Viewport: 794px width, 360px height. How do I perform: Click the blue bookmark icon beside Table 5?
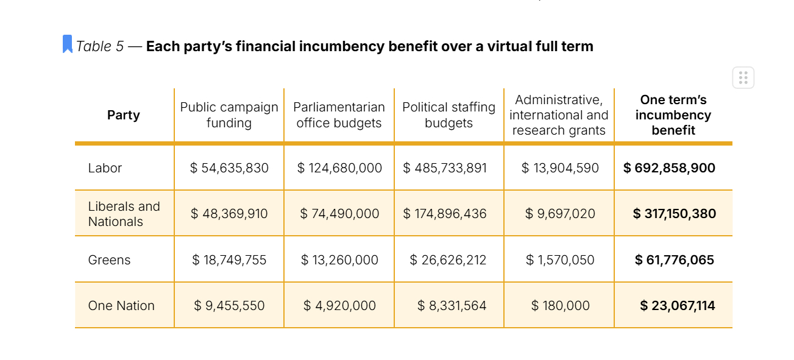[68, 44]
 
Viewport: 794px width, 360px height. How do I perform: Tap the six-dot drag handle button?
[743, 78]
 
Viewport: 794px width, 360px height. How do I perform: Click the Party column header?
[124, 115]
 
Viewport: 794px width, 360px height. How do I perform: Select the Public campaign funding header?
[229, 115]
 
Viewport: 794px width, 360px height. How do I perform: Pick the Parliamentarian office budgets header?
[339, 115]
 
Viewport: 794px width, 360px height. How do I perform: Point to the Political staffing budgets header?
[448, 115]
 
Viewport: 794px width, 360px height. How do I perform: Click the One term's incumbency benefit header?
[673, 115]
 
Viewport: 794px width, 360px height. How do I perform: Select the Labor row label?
[105, 168]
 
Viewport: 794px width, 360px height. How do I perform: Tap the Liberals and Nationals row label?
[124, 214]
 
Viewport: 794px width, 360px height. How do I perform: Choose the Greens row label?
[109, 260]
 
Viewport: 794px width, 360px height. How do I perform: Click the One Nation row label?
[121, 306]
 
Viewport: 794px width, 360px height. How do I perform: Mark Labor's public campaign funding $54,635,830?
[229, 168]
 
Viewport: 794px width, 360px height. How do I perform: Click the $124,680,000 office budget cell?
[339, 168]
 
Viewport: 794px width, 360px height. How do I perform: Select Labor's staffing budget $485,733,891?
[445, 168]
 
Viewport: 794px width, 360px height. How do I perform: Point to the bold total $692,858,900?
[669, 168]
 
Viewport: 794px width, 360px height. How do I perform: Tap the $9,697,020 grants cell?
[560, 214]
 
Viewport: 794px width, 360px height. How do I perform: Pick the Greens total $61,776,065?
[674, 260]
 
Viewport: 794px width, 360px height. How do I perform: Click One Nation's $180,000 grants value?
[560, 306]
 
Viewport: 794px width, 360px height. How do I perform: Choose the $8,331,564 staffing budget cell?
[452, 306]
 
